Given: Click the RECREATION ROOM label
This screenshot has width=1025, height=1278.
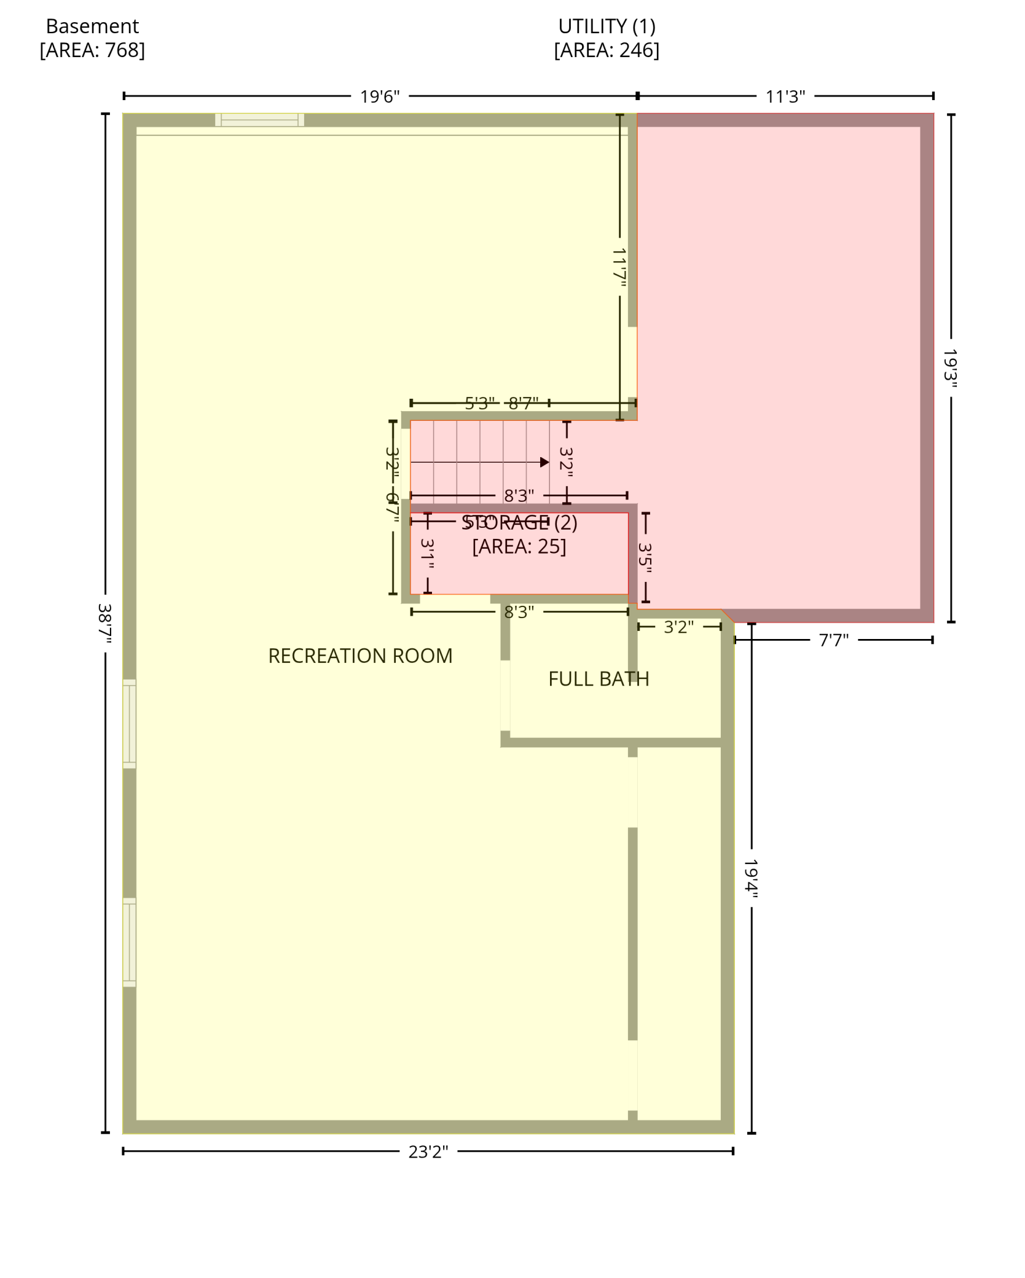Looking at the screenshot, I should click(x=360, y=656).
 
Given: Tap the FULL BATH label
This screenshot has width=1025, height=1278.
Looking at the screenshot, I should click(x=599, y=679).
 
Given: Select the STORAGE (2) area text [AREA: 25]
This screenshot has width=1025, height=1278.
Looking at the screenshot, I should click(x=519, y=546).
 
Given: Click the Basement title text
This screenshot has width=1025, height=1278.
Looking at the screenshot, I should click(x=92, y=26).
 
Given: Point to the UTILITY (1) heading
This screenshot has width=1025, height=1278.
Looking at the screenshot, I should click(x=607, y=26).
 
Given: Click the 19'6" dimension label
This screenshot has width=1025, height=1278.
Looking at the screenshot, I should click(x=379, y=96).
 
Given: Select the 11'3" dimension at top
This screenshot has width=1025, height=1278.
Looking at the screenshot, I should click(x=785, y=96).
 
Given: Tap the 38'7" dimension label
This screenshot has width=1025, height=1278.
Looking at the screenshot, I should click(x=105, y=623).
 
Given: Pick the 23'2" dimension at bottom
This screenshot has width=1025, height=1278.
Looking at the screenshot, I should click(x=428, y=1152).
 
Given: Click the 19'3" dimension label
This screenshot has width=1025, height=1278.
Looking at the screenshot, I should click(x=951, y=369).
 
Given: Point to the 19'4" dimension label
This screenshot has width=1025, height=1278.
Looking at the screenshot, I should click(x=751, y=879).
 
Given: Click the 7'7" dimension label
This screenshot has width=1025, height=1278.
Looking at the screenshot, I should click(x=833, y=641).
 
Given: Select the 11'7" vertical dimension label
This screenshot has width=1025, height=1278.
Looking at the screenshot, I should click(x=619, y=267).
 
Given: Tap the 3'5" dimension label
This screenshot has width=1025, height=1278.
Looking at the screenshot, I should click(x=645, y=558).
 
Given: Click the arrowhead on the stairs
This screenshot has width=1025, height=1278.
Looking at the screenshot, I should click(x=544, y=462).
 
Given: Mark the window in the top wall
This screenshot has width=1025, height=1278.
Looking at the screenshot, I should click(x=259, y=120).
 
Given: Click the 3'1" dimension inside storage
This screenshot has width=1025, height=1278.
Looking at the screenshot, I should click(x=428, y=554).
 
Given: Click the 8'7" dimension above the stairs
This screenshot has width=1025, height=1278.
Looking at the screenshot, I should click(x=524, y=403).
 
